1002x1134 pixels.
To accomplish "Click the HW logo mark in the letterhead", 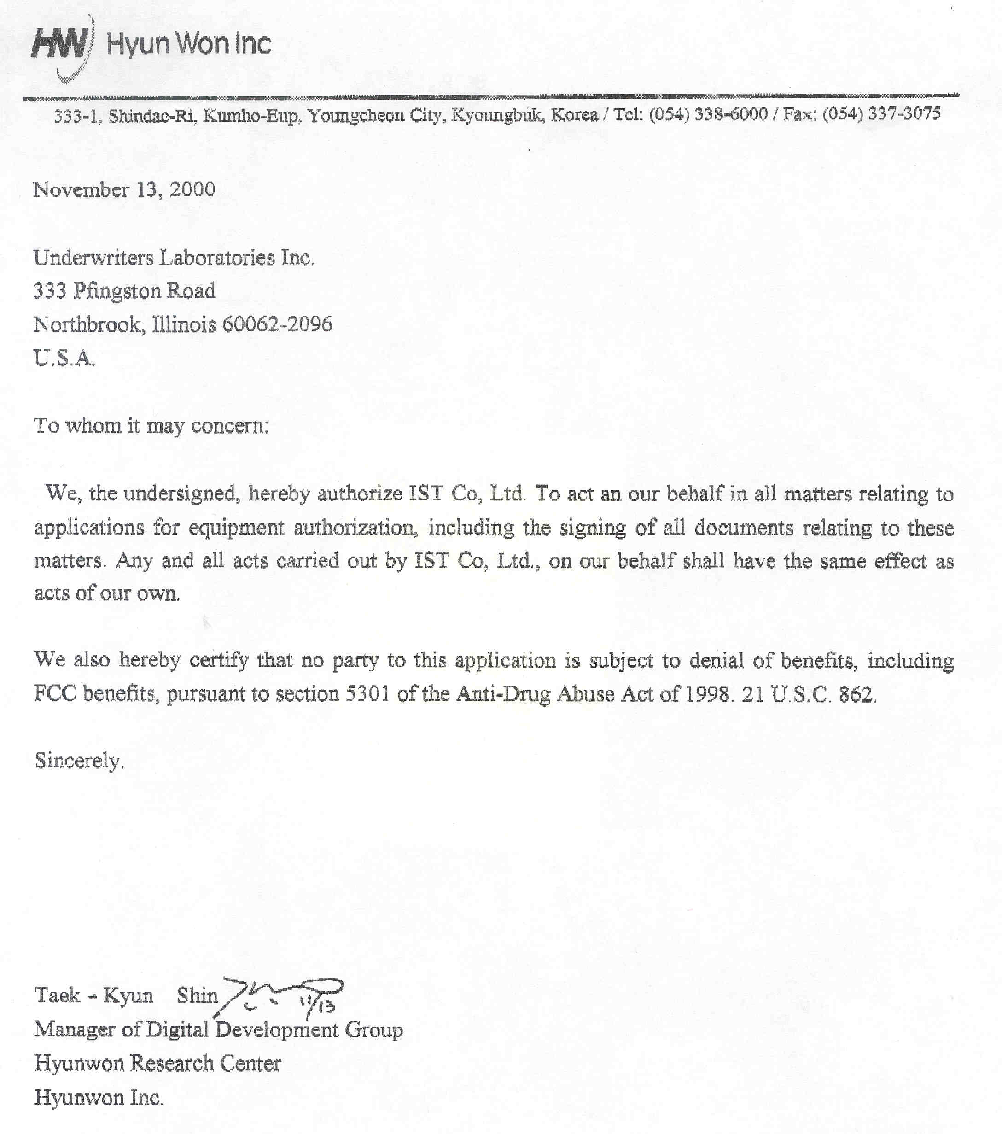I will (60, 44).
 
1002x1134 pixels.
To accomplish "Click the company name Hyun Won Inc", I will (188, 43).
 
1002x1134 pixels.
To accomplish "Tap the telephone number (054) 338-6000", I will (708, 115).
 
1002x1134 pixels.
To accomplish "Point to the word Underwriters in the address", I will (93, 258).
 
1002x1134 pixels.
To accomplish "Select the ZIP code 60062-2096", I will (277, 324).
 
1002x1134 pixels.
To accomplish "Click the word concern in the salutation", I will (228, 426).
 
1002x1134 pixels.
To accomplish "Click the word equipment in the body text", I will (236, 527).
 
